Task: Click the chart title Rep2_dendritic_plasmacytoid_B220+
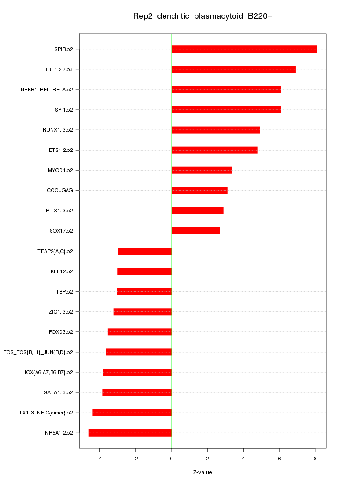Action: [202, 16]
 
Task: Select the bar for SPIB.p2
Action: [244, 49]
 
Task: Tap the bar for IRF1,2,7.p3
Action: [233, 69]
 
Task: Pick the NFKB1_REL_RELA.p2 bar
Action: [226, 90]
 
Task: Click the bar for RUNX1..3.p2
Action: [215, 130]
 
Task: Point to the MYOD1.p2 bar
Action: [202, 170]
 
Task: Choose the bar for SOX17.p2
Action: [195, 231]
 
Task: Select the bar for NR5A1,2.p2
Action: [130, 433]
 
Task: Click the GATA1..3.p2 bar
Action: [137, 392]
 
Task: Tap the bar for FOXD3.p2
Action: [140, 332]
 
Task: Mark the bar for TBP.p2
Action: [144, 292]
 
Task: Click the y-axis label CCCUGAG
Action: [63, 190]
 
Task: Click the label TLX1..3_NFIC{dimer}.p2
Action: [45, 413]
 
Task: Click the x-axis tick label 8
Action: [315, 459]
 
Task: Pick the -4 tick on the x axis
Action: [99, 459]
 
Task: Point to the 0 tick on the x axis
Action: [172, 459]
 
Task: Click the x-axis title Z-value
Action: [202, 472]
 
